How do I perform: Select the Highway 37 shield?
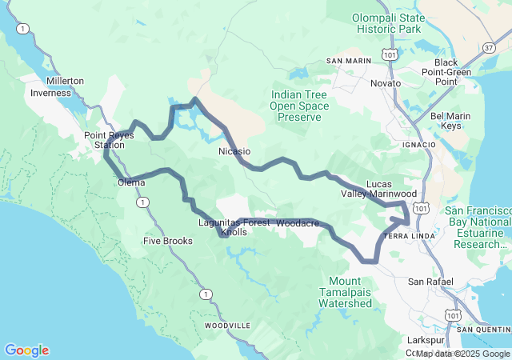click(x=488, y=47)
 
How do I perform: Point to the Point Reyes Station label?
click(x=105, y=140)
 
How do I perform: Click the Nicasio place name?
click(x=234, y=150)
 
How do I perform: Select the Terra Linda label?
click(x=410, y=236)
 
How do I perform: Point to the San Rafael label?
click(x=430, y=282)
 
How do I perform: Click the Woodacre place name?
click(x=298, y=222)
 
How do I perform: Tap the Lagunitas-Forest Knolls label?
click(x=234, y=227)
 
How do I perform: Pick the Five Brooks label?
click(x=167, y=241)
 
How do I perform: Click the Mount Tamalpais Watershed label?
click(x=345, y=292)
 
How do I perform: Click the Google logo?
click(x=26, y=350)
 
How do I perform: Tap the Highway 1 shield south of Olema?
click(x=142, y=202)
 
